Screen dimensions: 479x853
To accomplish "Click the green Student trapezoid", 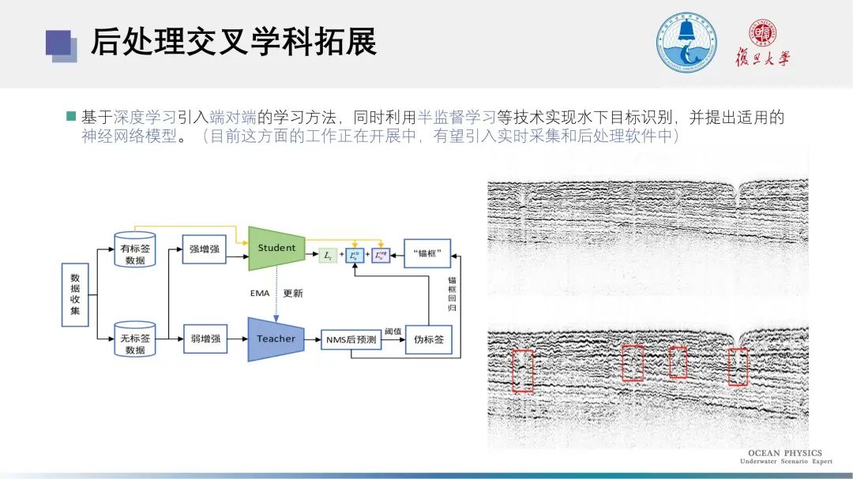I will [x=276, y=248].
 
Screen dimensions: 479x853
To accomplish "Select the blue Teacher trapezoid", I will [x=276, y=339].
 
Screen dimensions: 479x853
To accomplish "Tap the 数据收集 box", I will [x=75, y=294].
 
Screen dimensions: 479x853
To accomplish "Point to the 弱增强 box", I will [x=205, y=339].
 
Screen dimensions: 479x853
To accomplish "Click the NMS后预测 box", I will [x=351, y=339].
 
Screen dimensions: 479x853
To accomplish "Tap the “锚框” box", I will [x=427, y=253].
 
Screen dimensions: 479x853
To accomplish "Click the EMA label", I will [x=260, y=294].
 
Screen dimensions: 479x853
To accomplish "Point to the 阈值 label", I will [x=393, y=331].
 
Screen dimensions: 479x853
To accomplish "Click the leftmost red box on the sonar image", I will [x=522, y=370].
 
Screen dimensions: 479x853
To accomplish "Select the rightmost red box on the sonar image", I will [x=738, y=365].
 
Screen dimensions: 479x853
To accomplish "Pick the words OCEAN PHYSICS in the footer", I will [x=784, y=454].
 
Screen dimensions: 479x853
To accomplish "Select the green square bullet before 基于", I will [x=71, y=117].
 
